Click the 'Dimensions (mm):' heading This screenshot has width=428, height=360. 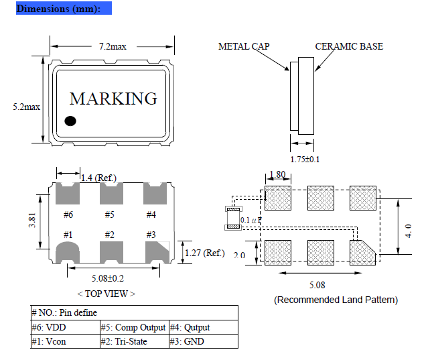[58, 9]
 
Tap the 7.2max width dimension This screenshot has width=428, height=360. [113, 46]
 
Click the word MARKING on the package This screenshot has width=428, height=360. [113, 99]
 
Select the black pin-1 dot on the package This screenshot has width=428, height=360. [70, 121]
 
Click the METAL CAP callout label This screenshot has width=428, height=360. [244, 46]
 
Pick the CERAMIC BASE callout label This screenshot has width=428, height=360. [349, 46]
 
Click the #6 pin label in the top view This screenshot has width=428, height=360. [68, 215]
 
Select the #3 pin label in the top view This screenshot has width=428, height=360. [151, 235]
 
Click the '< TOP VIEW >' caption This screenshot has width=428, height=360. [106, 293]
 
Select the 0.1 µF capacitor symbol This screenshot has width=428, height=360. [233, 219]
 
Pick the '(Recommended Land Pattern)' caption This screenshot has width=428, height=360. [336, 300]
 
